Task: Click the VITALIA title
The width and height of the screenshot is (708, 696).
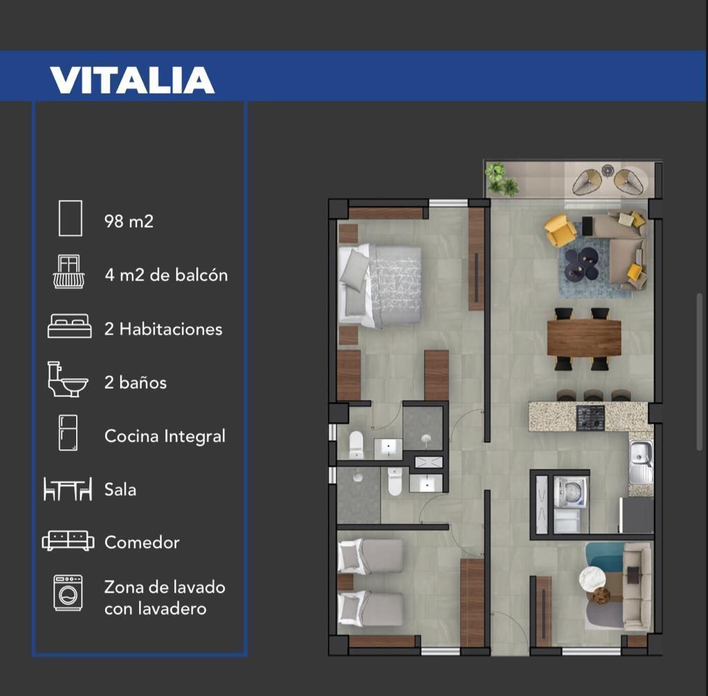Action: pyautogui.click(x=132, y=80)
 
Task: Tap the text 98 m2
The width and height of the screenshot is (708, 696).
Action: pyautogui.click(x=129, y=221)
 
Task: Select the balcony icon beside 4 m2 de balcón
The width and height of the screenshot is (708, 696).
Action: pyautogui.click(x=68, y=271)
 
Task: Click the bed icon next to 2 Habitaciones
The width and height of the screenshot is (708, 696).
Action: pyautogui.click(x=70, y=326)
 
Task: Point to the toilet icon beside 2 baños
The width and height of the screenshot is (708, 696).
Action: pyautogui.click(x=68, y=379)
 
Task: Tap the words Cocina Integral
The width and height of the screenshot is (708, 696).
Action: pyautogui.click(x=165, y=436)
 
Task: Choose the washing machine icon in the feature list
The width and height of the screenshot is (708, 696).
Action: pyautogui.click(x=68, y=592)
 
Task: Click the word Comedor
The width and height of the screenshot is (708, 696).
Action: pyautogui.click(x=142, y=542)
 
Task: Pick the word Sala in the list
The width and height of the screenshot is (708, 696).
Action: pyautogui.click(x=120, y=489)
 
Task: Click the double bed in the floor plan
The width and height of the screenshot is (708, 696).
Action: pyautogui.click(x=380, y=285)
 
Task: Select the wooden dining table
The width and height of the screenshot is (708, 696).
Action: pyautogui.click(x=584, y=337)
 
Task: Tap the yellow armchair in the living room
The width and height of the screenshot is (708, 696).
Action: pyautogui.click(x=560, y=229)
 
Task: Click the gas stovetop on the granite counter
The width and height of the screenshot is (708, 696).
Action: pyautogui.click(x=590, y=417)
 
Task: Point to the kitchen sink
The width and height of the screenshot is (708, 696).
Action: pyautogui.click(x=641, y=460)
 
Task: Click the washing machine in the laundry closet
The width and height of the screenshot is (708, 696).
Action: pyautogui.click(x=570, y=492)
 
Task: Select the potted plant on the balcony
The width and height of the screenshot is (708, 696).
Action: pyautogui.click(x=501, y=179)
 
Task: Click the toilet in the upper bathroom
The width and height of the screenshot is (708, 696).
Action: pyautogui.click(x=356, y=444)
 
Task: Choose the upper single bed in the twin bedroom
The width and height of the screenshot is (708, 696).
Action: pyautogui.click(x=371, y=556)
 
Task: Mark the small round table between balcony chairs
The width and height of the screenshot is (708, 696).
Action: pyautogui.click(x=607, y=171)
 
